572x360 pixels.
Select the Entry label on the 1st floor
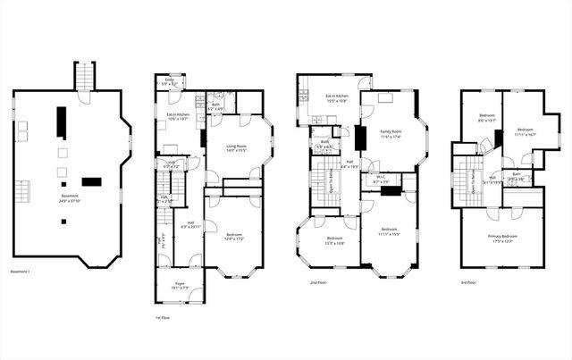(x=169, y=82)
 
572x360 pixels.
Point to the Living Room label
(x=236, y=147)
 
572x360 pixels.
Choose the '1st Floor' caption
(x=164, y=317)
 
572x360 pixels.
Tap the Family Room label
(x=390, y=132)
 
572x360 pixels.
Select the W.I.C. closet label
(x=380, y=179)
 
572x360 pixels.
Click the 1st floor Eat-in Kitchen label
(x=177, y=116)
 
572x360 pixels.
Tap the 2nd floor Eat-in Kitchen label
(x=337, y=97)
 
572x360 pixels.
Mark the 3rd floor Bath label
(x=517, y=176)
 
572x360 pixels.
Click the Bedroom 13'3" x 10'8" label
(x=335, y=239)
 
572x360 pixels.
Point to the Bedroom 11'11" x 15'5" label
(x=389, y=231)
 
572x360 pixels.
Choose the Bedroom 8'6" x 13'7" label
(x=487, y=119)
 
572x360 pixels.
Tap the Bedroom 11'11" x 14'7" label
(x=526, y=132)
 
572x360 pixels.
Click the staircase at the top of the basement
(x=84, y=75)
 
